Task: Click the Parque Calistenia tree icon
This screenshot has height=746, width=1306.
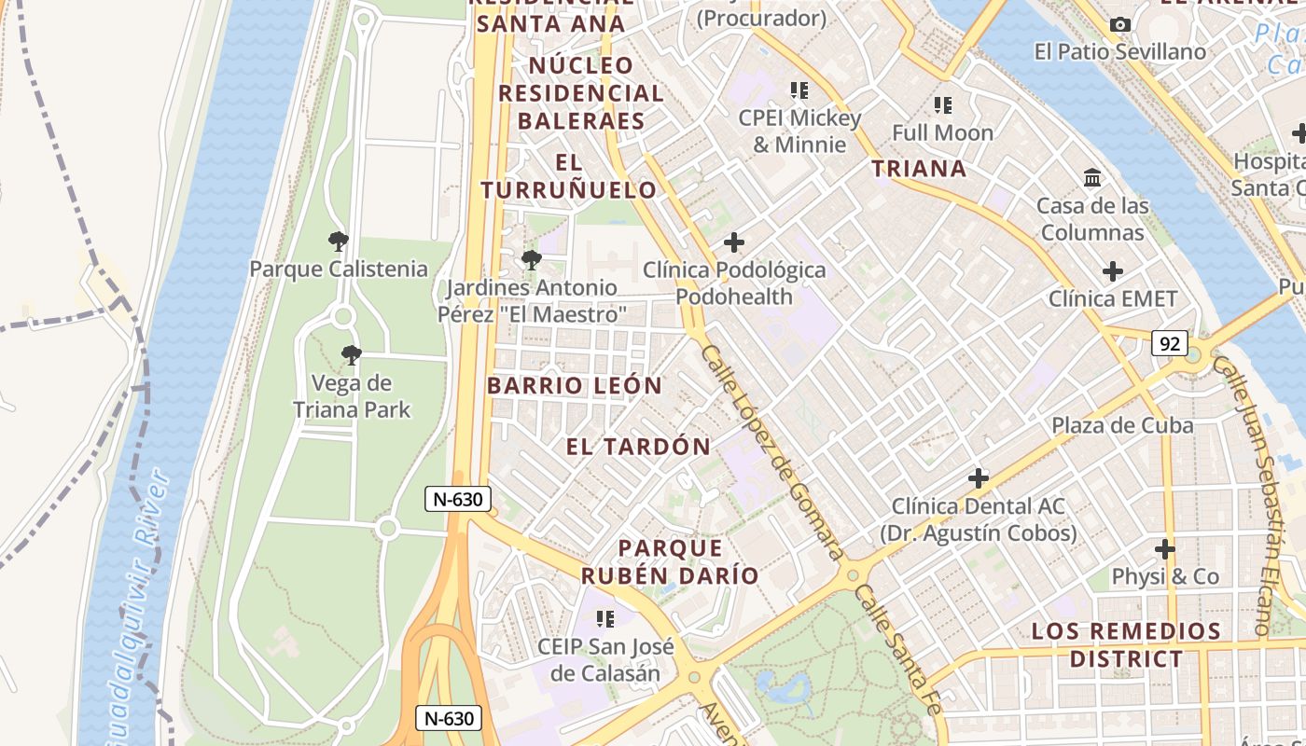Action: click(x=339, y=242)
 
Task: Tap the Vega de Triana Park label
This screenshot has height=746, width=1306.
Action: click(x=352, y=396)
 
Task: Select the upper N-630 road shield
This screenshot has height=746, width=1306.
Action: click(x=458, y=499)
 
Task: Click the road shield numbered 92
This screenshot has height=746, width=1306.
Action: click(x=1169, y=343)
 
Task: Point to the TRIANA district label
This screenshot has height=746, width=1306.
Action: click(x=919, y=169)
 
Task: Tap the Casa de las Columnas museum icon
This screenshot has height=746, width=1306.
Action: click(x=1092, y=177)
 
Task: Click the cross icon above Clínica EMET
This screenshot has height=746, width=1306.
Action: click(x=1112, y=271)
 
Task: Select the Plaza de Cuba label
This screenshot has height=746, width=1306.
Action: click(x=1122, y=425)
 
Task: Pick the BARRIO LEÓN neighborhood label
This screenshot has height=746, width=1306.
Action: click(x=575, y=386)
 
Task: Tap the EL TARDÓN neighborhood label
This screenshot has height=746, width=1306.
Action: click(x=638, y=447)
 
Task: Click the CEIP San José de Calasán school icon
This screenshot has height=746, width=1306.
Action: click(x=605, y=618)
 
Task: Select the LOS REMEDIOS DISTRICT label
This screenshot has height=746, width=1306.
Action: click(x=1125, y=645)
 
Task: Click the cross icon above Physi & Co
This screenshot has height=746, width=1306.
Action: click(x=1164, y=548)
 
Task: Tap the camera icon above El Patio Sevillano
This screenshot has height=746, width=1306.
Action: click(x=1120, y=25)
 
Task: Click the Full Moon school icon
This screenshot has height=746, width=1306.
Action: click(x=943, y=105)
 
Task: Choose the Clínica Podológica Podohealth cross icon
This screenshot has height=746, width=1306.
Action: click(x=734, y=242)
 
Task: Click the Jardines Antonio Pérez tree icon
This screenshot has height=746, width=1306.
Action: click(x=531, y=259)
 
